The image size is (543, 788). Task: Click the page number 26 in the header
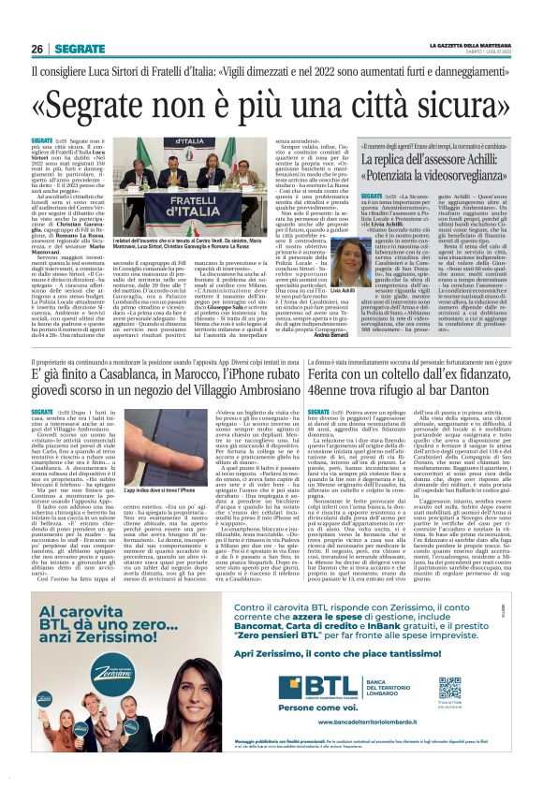click(37, 49)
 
